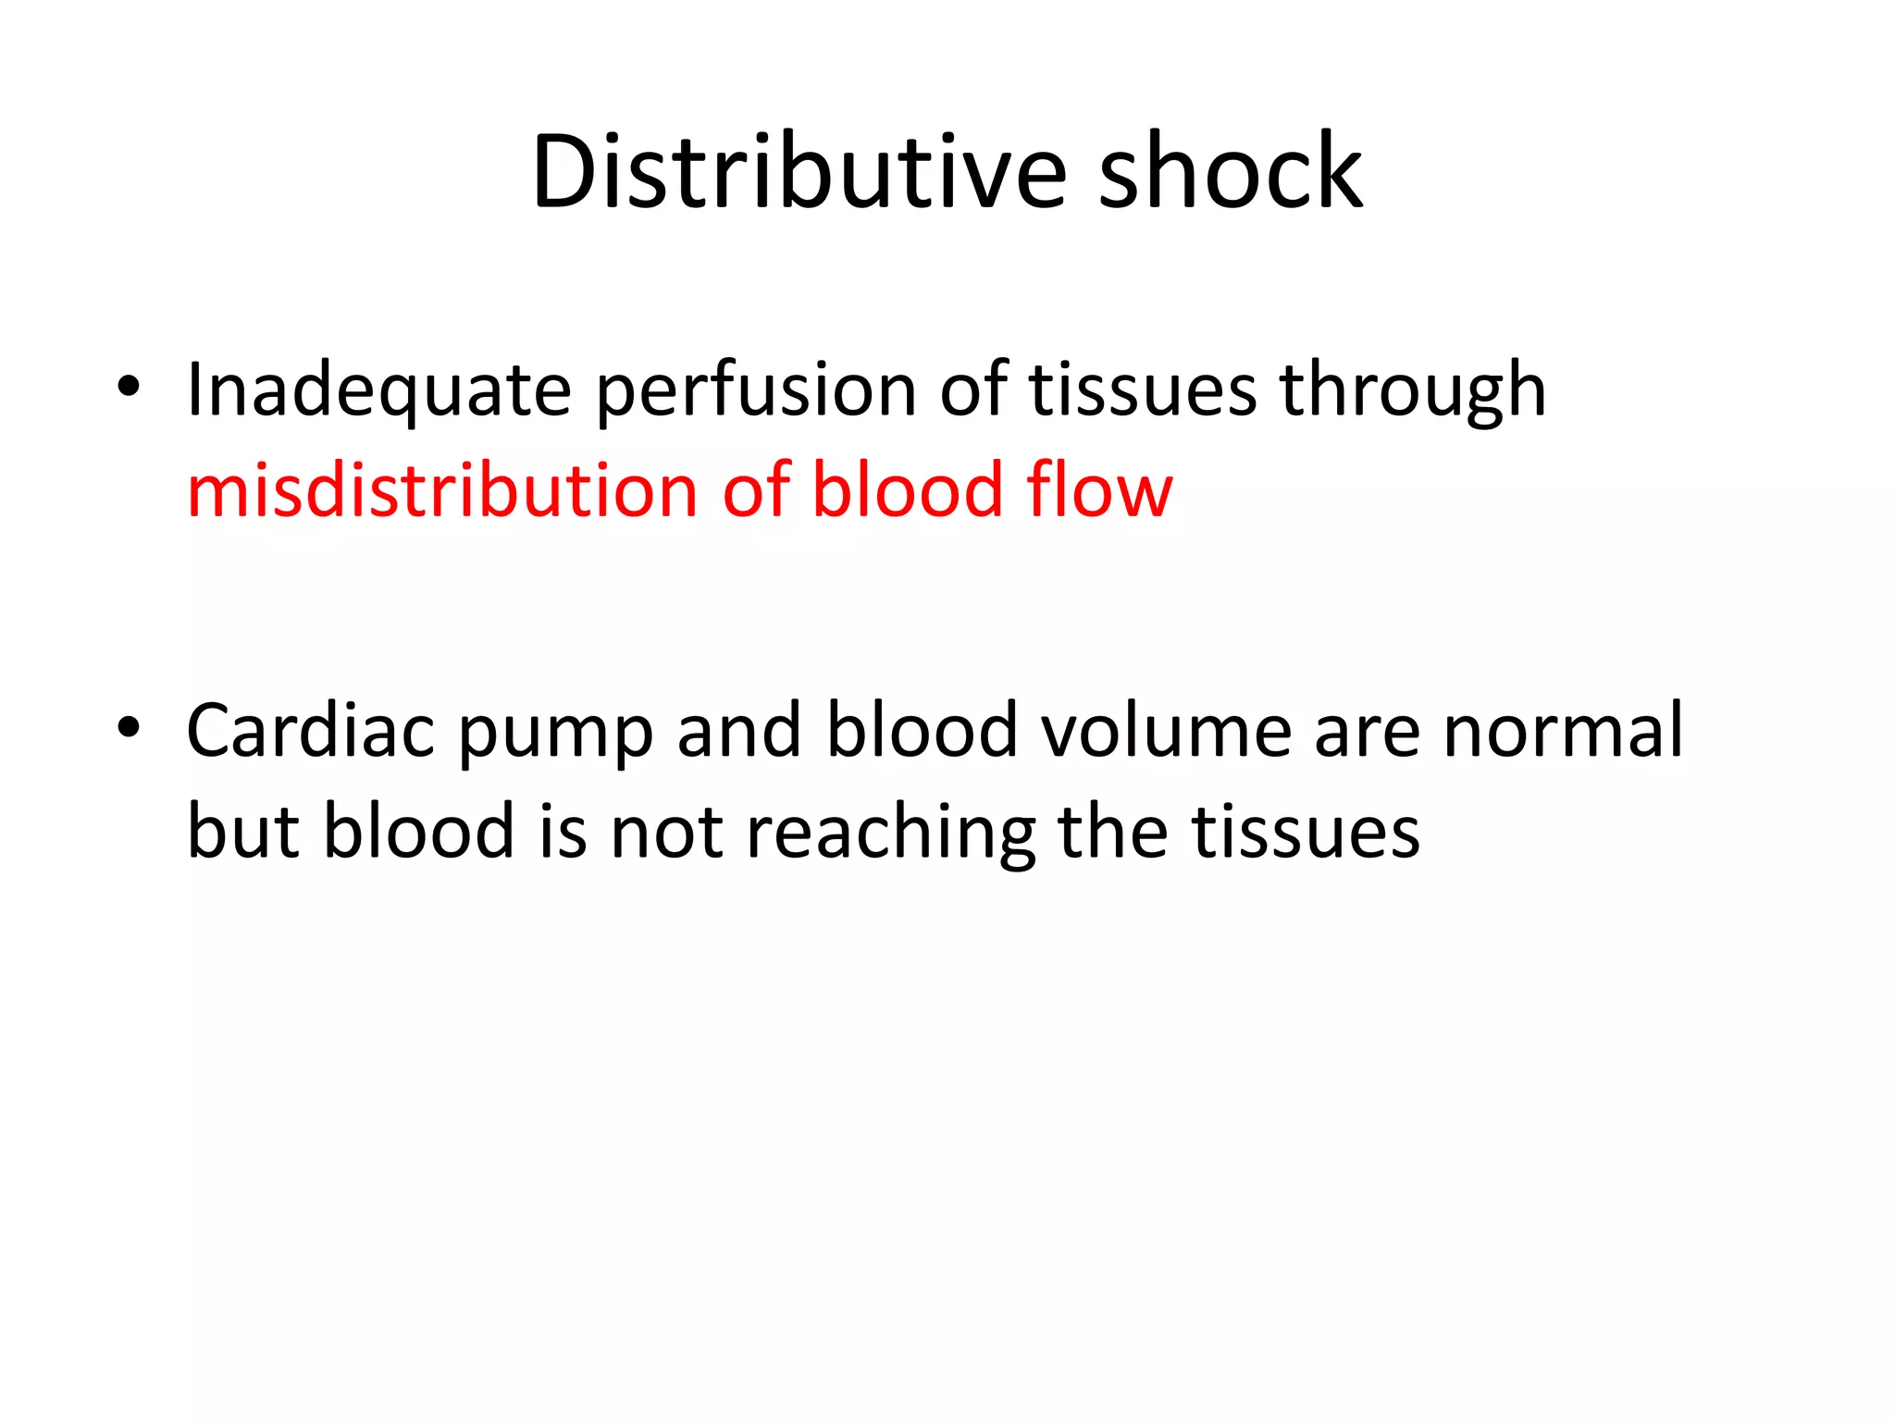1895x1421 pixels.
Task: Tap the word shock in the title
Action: [1230, 172]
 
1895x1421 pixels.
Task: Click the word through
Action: [1413, 391]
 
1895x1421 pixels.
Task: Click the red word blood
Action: [908, 489]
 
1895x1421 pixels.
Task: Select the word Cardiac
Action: [311, 731]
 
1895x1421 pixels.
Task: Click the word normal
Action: [1564, 731]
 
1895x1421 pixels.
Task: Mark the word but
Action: [243, 831]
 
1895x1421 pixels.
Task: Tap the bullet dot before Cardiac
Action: [129, 727]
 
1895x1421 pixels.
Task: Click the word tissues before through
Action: [1143, 391]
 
